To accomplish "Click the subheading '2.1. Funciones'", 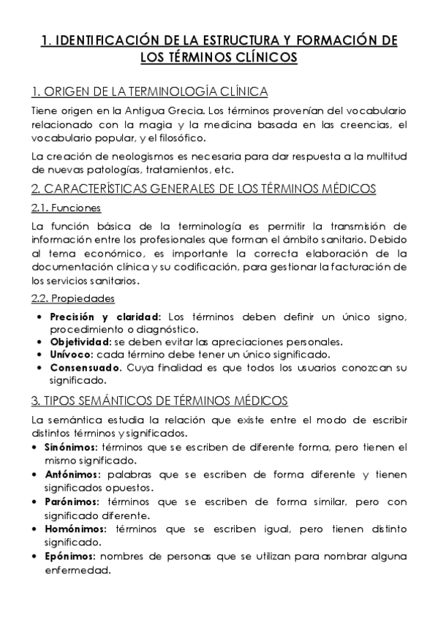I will [x=66, y=208].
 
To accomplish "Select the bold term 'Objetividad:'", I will [x=81, y=341].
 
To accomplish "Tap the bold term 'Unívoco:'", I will [x=72, y=355].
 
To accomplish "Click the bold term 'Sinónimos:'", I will [x=72, y=447].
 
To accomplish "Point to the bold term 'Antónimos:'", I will [x=72, y=474].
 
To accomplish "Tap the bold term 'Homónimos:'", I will [x=76, y=529].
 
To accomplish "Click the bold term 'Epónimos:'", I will [x=70, y=558].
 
